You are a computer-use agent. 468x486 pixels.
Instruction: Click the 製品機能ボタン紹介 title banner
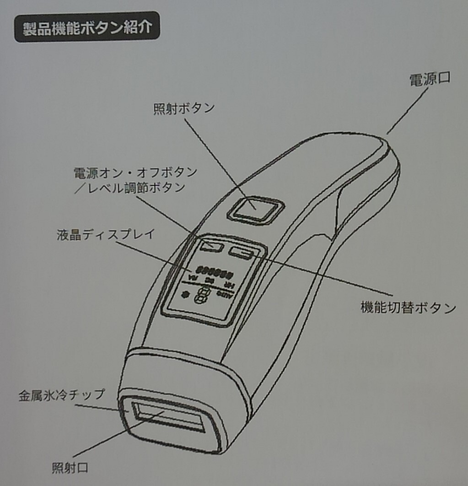click(x=87, y=27)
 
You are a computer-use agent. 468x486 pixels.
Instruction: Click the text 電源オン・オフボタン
click(x=135, y=173)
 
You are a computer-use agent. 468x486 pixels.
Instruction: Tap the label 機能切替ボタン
click(x=408, y=308)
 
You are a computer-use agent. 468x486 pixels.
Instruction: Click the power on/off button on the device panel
click(x=212, y=246)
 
